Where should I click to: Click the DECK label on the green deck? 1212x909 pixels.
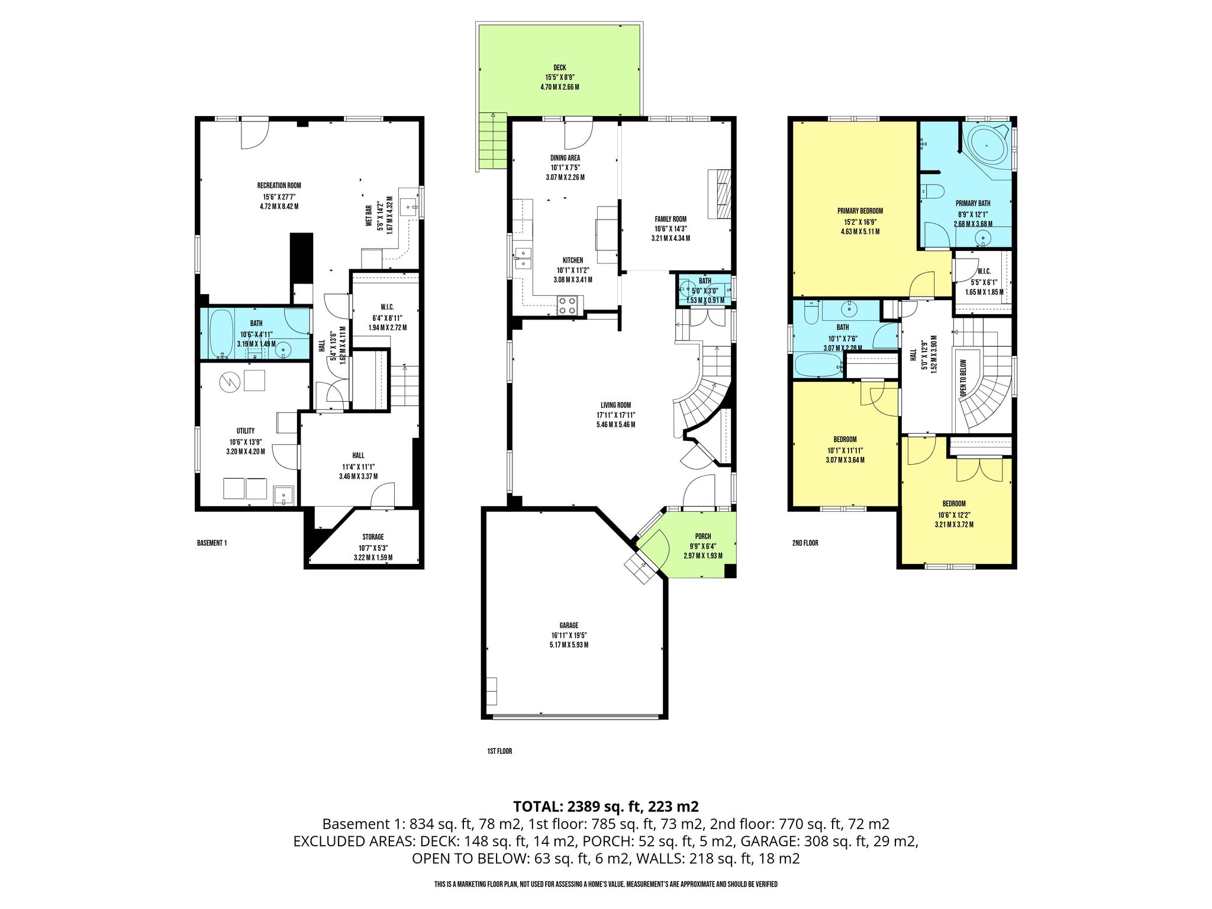(559, 68)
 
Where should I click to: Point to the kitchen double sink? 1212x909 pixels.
(523, 259)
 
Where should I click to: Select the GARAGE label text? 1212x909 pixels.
(569, 625)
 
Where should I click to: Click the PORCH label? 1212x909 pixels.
(703, 536)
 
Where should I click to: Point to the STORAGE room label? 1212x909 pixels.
(373, 537)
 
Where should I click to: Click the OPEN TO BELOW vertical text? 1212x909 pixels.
(963, 378)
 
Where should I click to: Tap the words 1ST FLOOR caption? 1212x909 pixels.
(499, 751)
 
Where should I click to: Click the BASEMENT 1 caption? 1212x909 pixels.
(212, 543)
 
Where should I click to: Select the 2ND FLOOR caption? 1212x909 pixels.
(805, 543)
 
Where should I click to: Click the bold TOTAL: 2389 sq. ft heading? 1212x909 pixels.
(606, 806)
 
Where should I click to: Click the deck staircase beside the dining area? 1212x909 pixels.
(493, 141)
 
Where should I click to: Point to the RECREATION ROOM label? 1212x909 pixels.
(279, 185)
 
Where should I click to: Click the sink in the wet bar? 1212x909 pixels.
(409, 208)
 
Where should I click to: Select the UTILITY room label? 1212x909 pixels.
(246, 431)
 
